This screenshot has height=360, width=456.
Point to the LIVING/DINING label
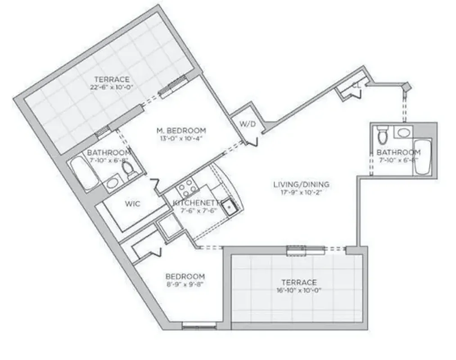coord(301,184)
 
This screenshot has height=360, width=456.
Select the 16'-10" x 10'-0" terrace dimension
coord(301,291)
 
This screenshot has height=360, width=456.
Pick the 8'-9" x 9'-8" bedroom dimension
coord(185,284)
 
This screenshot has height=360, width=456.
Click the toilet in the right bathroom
coord(383,135)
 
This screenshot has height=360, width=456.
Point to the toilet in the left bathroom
coord(129,170)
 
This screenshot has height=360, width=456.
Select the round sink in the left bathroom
coord(112,183)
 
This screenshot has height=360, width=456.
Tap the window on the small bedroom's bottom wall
coord(195,325)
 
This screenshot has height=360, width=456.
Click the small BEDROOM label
coord(185,276)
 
